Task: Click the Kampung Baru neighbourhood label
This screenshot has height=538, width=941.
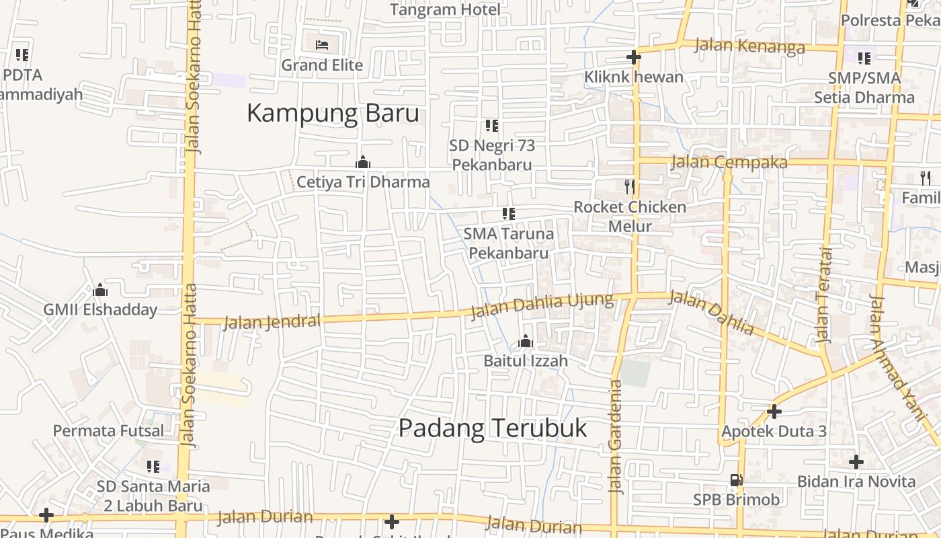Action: tap(333, 113)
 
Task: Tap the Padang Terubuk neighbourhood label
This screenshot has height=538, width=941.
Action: tap(493, 428)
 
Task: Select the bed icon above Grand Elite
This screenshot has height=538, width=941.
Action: tap(323, 45)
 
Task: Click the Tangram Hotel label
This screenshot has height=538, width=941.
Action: tap(445, 9)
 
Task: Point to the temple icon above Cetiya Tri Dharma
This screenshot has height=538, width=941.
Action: tap(363, 163)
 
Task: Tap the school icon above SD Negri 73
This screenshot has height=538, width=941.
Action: tap(492, 126)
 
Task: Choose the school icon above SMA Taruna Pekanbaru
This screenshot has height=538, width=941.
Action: tap(509, 214)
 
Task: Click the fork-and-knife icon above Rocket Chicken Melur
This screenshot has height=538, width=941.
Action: tap(630, 186)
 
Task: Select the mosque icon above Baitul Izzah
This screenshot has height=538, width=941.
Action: tap(526, 342)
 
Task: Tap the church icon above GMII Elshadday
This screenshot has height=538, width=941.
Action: tap(100, 291)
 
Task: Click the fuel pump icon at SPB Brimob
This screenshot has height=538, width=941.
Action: tap(737, 480)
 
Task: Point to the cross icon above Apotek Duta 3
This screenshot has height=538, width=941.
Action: tap(774, 411)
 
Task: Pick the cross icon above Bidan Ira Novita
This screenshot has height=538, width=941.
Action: tap(856, 462)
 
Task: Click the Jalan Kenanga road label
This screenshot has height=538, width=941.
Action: tap(749, 46)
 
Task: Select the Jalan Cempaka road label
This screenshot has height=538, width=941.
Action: tap(729, 162)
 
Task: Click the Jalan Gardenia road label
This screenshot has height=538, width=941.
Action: tap(615, 437)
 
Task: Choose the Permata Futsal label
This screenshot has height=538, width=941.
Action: tap(108, 431)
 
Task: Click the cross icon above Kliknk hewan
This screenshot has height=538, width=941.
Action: tap(633, 57)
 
